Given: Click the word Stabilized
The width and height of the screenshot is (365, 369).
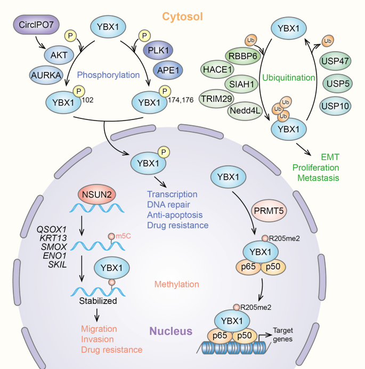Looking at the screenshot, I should pyautogui.click(x=99, y=301).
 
